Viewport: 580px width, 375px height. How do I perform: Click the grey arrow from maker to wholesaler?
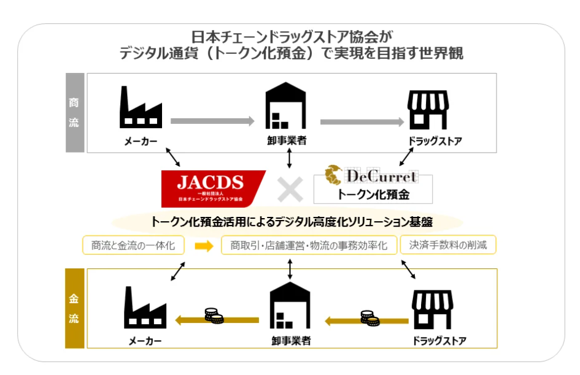tap(212, 121)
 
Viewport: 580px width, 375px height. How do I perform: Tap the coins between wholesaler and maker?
tap(214, 317)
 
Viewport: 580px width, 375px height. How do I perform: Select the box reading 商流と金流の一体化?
tap(133, 246)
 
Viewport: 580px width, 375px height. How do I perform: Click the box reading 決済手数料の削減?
tap(448, 245)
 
